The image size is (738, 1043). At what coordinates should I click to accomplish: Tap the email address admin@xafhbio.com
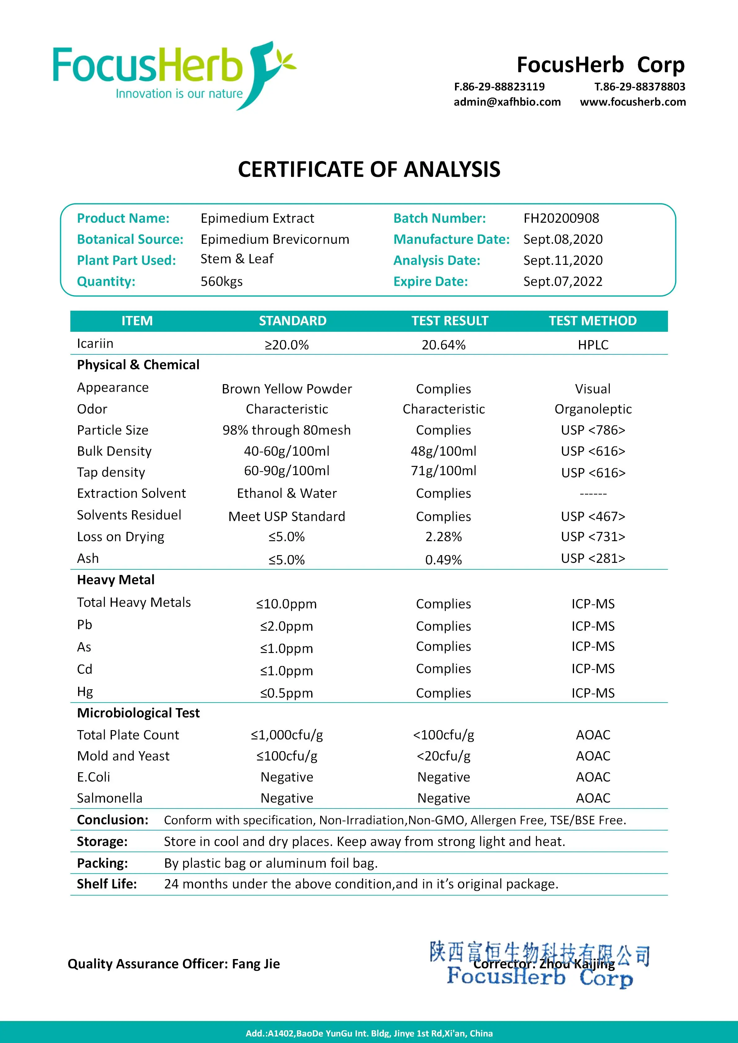tap(507, 102)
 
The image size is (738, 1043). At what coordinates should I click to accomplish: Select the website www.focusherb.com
tap(633, 102)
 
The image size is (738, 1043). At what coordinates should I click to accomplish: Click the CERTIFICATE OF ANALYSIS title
tap(369, 169)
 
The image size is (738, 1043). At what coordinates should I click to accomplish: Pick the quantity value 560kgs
tap(221, 282)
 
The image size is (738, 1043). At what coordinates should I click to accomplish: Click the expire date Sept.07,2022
tap(563, 282)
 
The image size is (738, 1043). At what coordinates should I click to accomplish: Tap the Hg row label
tap(85, 691)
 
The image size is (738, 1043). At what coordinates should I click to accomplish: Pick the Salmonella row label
tap(109, 798)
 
